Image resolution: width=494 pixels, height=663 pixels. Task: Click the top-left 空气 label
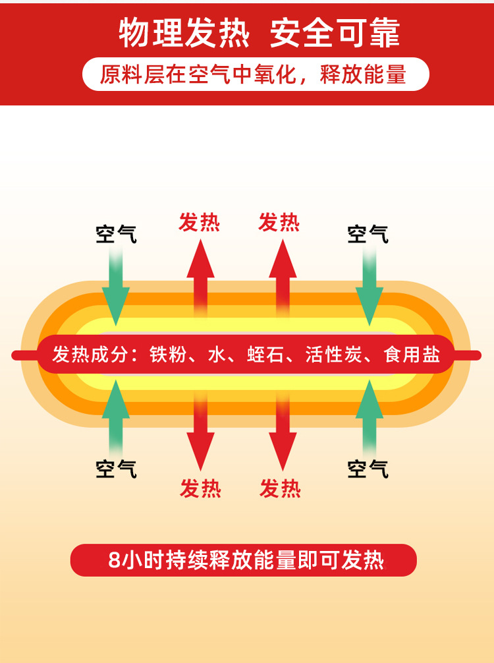pyautogui.click(x=117, y=234)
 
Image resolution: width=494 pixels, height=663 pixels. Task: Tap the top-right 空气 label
pyautogui.click(x=368, y=234)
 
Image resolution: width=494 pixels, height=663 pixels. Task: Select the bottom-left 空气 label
pyautogui.click(x=117, y=469)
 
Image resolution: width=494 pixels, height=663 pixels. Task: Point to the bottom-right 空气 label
pyautogui.click(x=368, y=469)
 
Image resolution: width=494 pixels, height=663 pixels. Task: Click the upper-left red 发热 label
pyautogui.click(x=200, y=223)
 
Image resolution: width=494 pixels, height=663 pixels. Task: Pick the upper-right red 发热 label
pyautogui.click(x=279, y=223)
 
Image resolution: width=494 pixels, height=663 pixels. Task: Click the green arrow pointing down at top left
pyautogui.click(x=116, y=287)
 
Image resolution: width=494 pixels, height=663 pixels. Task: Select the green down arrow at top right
pyautogui.click(x=369, y=287)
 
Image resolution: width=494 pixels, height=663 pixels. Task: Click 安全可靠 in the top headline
pyautogui.click(x=335, y=34)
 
